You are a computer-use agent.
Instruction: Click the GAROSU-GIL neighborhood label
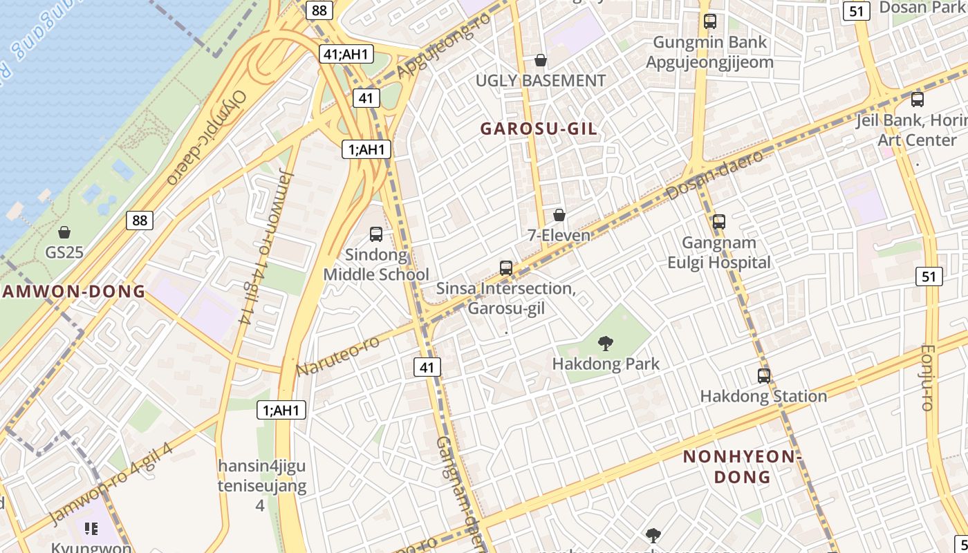click(x=539, y=129)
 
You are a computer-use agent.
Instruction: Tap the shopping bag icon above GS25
click(x=64, y=232)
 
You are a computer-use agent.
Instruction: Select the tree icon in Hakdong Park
click(x=606, y=343)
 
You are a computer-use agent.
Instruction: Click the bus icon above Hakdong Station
click(x=763, y=375)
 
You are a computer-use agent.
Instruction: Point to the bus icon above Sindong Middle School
click(x=376, y=234)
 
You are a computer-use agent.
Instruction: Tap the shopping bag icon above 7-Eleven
click(x=559, y=215)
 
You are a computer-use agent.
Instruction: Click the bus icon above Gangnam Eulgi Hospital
click(x=718, y=222)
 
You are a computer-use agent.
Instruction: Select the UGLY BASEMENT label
click(x=540, y=81)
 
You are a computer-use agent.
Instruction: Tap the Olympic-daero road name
click(x=206, y=138)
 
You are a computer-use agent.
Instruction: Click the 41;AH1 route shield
click(x=346, y=55)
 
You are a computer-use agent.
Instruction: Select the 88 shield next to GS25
click(x=140, y=221)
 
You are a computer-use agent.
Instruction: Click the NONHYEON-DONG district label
click(x=741, y=467)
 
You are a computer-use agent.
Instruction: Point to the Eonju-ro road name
click(x=928, y=377)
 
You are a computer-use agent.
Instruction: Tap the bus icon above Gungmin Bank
click(x=710, y=21)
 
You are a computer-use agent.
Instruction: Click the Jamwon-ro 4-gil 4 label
click(x=111, y=485)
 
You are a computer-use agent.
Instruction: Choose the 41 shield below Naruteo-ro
click(x=427, y=367)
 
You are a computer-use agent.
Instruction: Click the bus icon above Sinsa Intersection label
click(x=506, y=268)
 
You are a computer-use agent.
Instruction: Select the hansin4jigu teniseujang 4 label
click(x=261, y=485)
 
